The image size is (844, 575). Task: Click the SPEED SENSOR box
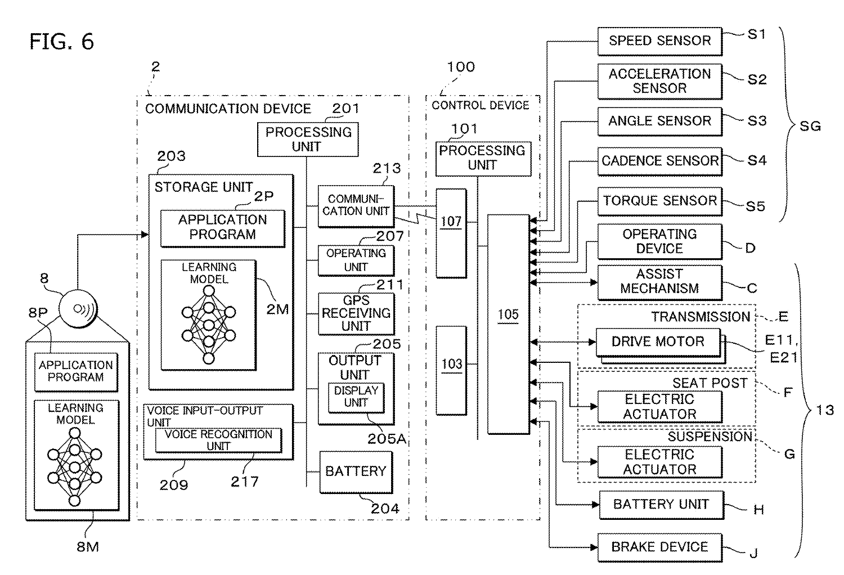(659, 41)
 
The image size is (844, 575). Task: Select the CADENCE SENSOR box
(659, 161)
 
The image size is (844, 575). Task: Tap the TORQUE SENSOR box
(659, 201)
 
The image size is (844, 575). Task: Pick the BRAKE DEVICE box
(659, 547)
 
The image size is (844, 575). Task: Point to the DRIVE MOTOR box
(658, 342)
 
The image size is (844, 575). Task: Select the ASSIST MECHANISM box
(659, 281)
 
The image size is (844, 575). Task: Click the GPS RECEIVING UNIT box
(356, 313)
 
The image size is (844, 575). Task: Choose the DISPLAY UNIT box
(356, 397)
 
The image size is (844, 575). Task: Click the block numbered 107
(451, 233)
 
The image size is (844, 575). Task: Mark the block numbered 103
(451, 370)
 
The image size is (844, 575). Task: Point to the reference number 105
(508, 315)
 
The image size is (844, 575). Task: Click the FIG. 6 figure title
(62, 42)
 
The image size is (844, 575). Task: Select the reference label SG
(810, 126)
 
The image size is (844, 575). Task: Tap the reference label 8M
(88, 546)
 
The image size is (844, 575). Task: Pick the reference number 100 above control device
(461, 67)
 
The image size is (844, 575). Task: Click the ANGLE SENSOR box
(659, 121)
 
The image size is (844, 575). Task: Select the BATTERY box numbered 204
(356, 471)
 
